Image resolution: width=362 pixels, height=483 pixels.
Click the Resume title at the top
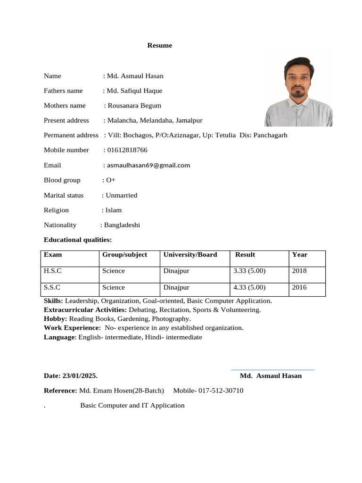pyautogui.click(x=159, y=46)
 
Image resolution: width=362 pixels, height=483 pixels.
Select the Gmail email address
pyautogui.click(x=148, y=165)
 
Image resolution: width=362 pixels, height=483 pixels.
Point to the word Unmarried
pyautogui.click(x=122, y=195)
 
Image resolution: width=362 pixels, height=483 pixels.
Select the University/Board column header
pyautogui.click(x=190, y=255)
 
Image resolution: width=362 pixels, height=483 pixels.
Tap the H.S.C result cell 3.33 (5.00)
pyautogui.click(x=249, y=271)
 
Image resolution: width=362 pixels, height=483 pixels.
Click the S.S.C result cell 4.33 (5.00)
pyautogui.click(x=249, y=287)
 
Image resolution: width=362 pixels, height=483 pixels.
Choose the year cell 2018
pyautogui.click(x=299, y=271)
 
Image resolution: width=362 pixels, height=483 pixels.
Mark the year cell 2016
pyautogui.click(x=299, y=287)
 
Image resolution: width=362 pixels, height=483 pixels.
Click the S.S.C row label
pyautogui.click(x=52, y=287)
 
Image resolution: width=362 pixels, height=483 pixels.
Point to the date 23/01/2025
pyautogui.click(x=80, y=376)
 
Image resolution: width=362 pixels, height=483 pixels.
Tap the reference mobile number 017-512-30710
pyautogui.click(x=221, y=391)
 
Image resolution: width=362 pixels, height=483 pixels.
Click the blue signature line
pyautogui.click(x=272, y=370)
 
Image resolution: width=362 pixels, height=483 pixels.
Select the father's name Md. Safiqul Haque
pyautogui.click(x=134, y=91)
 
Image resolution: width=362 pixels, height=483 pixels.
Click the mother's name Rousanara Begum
pyautogui.click(x=134, y=106)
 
